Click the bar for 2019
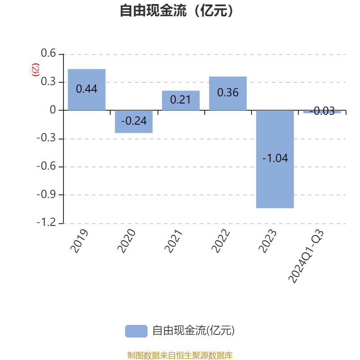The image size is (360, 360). tap(86, 90)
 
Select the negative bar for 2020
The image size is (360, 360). tap(134, 121)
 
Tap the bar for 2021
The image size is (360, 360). tap(181, 100)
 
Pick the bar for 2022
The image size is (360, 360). tap(228, 94)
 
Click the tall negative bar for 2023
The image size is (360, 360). tap(275, 159)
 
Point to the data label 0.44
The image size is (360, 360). tap(86, 89)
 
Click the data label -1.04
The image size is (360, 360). tap(275, 158)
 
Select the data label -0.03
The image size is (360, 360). tap(322, 111)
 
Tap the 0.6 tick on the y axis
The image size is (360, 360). tap(48, 53)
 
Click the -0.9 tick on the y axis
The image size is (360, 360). tap(46, 194)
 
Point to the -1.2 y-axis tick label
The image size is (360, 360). tap(46, 222)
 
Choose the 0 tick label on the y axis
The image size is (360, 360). tap(53, 110)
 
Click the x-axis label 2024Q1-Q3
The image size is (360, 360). tap(306, 256)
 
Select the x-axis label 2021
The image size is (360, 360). tap(173, 241)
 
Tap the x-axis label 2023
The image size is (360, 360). tap(267, 241)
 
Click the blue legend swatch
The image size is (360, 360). tap(136, 331)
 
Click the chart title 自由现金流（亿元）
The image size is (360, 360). tap(176, 10)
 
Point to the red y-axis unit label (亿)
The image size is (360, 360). tap(36, 70)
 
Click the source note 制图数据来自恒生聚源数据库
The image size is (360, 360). tap(180, 355)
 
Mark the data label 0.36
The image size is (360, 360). tap(228, 93)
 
